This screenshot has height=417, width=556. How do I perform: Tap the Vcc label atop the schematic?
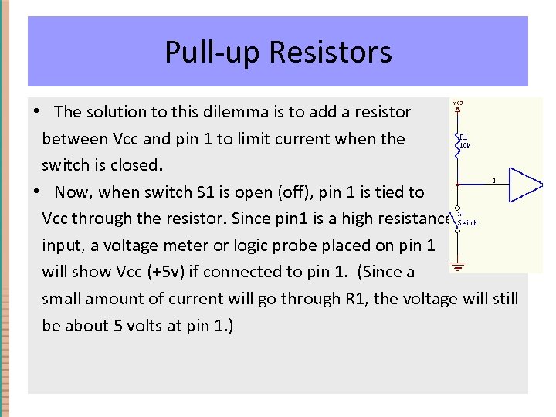tap(458, 102)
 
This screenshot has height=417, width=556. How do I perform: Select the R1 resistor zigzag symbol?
tap(458, 144)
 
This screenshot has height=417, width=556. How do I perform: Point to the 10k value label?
tap(466, 145)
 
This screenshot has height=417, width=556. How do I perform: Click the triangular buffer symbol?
tap(527, 185)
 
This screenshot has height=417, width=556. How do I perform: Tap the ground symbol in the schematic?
tap(458, 266)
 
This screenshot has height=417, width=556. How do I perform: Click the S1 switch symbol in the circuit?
tap(458, 220)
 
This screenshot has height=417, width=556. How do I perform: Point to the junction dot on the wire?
tap(458, 185)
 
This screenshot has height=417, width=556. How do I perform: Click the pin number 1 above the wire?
tap(493, 181)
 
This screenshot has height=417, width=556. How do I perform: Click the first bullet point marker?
tap(36, 112)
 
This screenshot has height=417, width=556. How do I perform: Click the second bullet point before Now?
tap(36, 192)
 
